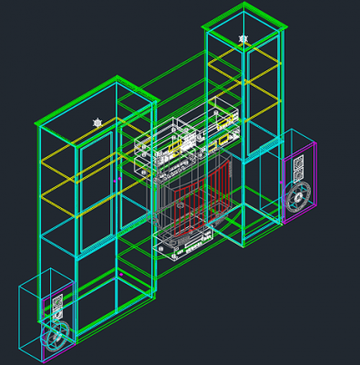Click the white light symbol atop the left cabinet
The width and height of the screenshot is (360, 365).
[98, 122]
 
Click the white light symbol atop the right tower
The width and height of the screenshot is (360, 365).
[243, 38]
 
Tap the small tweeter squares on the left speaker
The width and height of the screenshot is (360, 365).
[56, 302]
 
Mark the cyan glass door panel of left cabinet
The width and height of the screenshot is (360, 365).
[95, 196]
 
